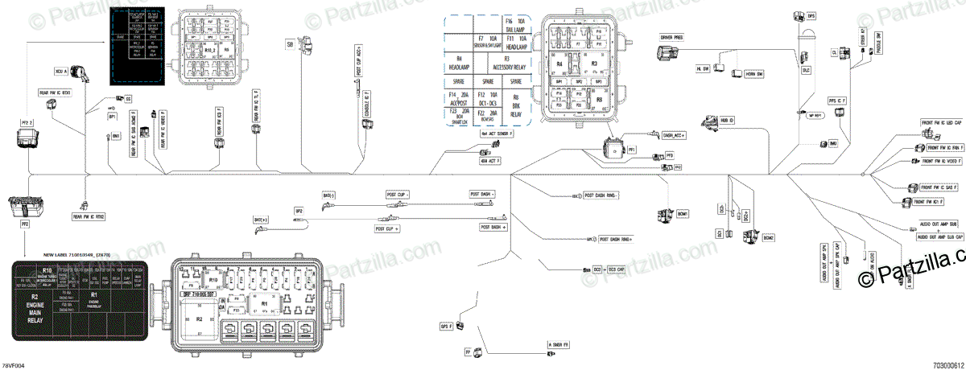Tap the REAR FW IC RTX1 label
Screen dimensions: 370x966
[56, 92]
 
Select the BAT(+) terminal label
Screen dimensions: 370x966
[262, 219]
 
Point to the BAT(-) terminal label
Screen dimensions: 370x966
[328, 195]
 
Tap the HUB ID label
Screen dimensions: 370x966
[729, 120]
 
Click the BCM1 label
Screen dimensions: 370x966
[683, 213]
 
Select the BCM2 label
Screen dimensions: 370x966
[768, 239]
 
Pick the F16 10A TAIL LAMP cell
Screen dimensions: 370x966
[514, 23]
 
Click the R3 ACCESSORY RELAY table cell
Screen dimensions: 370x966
[507, 63]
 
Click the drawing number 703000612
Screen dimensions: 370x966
[947, 364]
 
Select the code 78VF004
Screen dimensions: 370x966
[14, 364]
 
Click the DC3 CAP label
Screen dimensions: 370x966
[616, 269]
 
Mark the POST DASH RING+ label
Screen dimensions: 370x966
[615, 239]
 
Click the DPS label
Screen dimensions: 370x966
[811, 15]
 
